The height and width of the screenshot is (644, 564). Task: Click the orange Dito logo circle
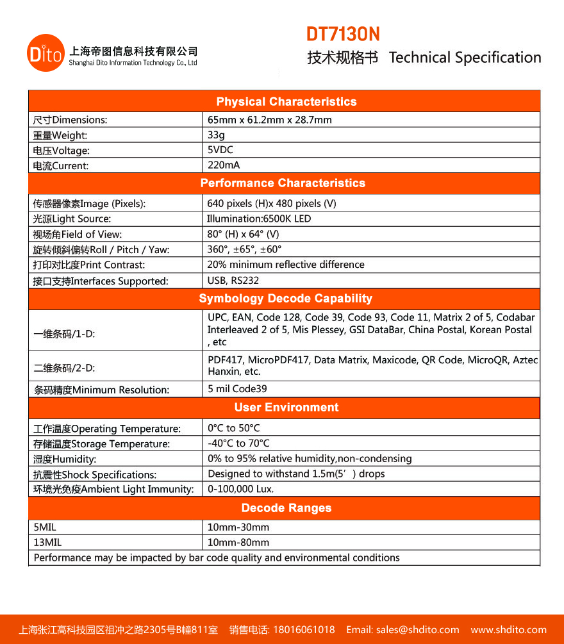tap(46, 53)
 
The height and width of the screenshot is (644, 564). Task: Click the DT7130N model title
tap(342, 34)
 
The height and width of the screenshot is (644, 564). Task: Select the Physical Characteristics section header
tap(286, 102)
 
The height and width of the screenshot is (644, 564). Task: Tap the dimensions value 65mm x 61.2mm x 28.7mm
tap(270, 120)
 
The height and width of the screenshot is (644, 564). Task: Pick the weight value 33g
tap(216, 135)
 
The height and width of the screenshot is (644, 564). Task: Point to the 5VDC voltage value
tap(220, 149)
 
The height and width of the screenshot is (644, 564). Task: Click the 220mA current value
tap(224, 165)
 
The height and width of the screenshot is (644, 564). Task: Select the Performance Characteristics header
tap(283, 183)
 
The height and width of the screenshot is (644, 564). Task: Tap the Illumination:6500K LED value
tap(259, 219)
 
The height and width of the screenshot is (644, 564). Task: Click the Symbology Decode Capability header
tap(285, 299)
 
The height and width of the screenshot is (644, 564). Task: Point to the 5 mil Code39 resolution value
tap(237, 388)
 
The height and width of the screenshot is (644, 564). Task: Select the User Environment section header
tap(286, 408)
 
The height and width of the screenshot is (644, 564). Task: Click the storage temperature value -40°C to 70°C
tap(238, 443)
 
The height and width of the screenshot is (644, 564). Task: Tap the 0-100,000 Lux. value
tap(240, 489)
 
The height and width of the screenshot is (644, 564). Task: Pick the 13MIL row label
tap(47, 542)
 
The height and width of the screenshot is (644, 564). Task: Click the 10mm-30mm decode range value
tap(238, 527)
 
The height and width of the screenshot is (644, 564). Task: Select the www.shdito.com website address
tap(509, 629)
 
